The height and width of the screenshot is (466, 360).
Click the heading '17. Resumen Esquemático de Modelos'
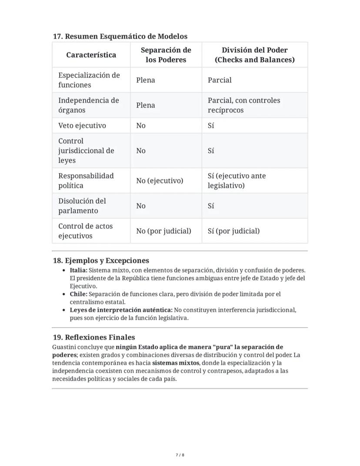pos(120,36)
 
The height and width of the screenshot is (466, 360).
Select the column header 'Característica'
pos(91,55)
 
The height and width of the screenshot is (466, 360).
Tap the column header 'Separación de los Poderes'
pos(166,55)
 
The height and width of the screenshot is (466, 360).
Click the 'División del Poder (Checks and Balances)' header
pos(254,55)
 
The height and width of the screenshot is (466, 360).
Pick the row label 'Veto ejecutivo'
pos(82,125)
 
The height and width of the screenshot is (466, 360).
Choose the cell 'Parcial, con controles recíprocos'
pos(243,105)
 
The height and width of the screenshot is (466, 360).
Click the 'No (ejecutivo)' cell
pos(160,181)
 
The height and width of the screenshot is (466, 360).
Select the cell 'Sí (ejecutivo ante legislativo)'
pos(237,181)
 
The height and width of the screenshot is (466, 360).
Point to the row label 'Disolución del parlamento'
pos(82,206)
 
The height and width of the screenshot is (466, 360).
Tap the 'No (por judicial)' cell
pos(163,231)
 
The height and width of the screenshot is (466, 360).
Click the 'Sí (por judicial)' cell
pos(233,231)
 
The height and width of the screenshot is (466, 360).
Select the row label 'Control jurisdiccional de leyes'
pos(86,151)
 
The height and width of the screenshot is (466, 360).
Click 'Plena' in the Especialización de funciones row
pos(145,80)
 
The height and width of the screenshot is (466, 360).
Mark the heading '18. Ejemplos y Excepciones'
pos(101,261)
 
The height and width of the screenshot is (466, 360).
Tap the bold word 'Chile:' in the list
pos(78,294)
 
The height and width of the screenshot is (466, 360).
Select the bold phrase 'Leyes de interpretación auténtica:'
pos(121,310)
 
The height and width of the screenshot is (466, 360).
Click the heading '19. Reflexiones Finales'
pos(93,337)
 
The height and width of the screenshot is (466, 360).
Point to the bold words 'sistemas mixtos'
pos(176,363)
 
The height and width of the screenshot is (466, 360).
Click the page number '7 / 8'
pos(180,455)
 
